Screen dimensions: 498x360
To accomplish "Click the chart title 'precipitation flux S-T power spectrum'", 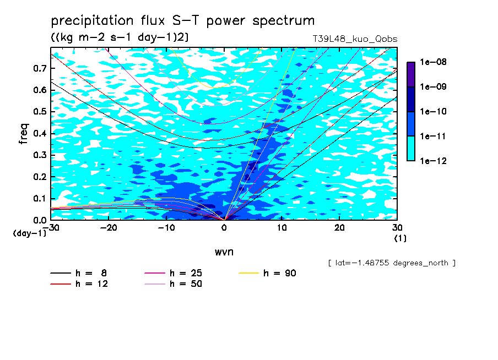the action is (x=183, y=21).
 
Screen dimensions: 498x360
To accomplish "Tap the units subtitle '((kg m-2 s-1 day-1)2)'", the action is (x=120, y=37).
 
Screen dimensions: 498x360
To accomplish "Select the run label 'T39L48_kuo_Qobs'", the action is (x=355, y=39).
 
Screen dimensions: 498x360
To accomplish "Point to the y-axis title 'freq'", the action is (x=24, y=134).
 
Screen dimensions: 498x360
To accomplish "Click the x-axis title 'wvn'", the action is (x=224, y=252).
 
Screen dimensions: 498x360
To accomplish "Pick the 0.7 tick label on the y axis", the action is (x=40, y=68).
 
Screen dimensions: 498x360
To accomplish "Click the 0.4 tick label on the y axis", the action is (x=40, y=133).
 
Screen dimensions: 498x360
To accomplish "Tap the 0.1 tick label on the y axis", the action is (x=40, y=198).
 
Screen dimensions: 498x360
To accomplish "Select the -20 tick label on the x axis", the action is (x=109, y=228).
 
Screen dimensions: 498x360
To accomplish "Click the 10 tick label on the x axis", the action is (x=282, y=228).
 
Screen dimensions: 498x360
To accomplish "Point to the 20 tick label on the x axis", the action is (x=339, y=228).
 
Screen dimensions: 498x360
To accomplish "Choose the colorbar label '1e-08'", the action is (x=433, y=62).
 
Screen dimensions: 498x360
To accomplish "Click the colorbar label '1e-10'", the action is (x=433, y=111).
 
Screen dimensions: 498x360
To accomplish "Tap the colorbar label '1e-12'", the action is (x=433, y=161).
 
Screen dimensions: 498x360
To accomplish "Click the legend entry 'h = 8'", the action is (x=78, y=273).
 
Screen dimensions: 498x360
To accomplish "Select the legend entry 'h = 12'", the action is (x=79, y=284).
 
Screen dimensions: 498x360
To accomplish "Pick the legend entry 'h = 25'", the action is (x=173, y=273).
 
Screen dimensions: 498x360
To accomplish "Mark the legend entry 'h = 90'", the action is (x=267, y=273).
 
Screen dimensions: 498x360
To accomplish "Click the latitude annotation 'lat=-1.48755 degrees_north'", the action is (x=392, y=263).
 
